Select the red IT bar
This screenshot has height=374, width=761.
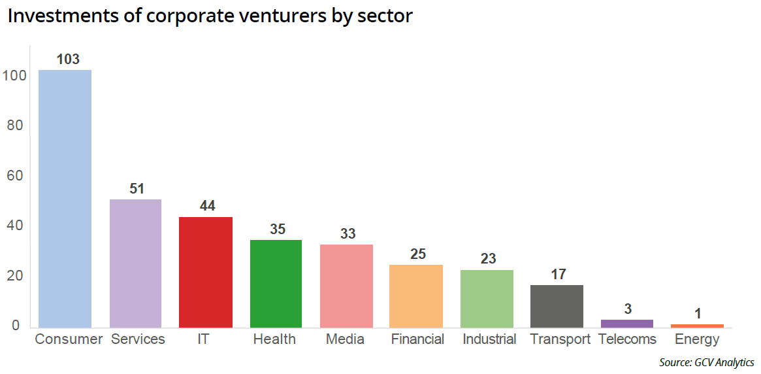pos(205,272)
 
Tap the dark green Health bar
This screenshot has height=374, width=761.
pos(276,283)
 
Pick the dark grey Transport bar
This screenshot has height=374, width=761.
pos(557,306)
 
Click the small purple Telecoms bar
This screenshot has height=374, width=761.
pos(627,323)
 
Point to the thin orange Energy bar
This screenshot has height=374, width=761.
pos(697,325)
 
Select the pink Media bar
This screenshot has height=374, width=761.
pos(346,286)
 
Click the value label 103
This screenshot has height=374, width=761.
pos(68,59)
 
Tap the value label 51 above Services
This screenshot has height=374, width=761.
pos(137,188)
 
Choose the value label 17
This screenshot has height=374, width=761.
pos(558,275)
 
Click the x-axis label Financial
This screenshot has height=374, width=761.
pos(417,339)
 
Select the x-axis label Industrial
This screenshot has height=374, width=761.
pos(489,339)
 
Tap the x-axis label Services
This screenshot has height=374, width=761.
pos(138,339)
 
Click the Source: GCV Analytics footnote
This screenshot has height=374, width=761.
pos(706,362)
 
